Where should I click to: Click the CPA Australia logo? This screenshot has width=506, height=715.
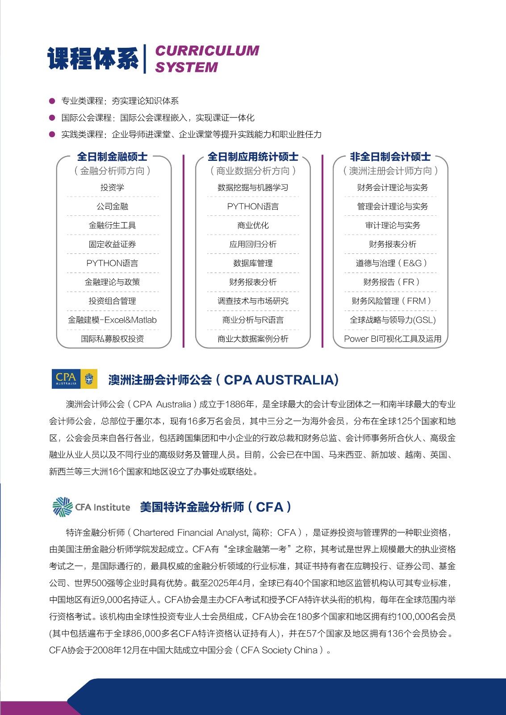point(75,379)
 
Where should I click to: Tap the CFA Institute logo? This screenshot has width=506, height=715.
point(92,507)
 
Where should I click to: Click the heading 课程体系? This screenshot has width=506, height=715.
point(93,59)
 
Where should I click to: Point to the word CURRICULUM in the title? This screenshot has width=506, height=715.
point(207,50)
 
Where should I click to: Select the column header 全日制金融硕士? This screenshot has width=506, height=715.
point(112,157)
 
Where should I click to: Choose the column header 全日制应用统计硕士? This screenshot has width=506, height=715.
point(253,157)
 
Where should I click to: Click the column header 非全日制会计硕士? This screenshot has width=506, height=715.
point(390,157)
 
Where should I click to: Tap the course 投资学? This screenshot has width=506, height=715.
point(112,188)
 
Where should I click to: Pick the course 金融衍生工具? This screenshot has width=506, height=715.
point(112,225)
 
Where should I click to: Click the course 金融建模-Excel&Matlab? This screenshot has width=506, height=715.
point(112,320)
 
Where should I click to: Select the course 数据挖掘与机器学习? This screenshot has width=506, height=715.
point(253,188)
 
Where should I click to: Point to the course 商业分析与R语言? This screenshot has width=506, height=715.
point(253,320)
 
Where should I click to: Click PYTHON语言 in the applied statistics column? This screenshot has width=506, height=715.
point(253,206)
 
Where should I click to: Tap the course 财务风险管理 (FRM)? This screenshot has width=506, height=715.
point(391,301)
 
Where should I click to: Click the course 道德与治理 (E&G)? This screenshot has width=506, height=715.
point(391,263)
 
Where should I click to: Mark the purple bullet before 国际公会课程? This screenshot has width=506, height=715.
point(52,118)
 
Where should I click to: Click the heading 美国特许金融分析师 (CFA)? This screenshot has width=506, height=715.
point(216,507)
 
